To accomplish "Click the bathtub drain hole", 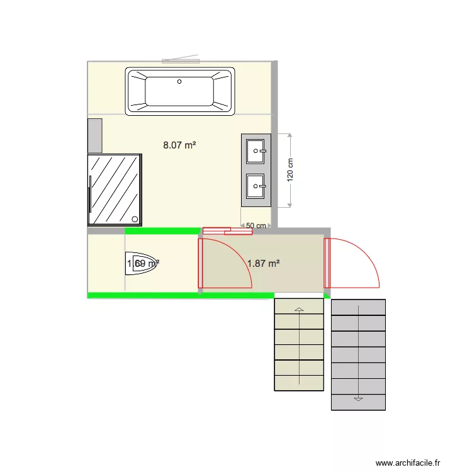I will [179, 81].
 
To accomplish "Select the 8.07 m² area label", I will [179, 145].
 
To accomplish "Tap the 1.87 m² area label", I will [263, 264].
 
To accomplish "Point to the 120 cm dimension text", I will [291, 169].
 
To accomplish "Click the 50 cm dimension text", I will [255, 225].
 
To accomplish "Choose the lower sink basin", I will [256, 185].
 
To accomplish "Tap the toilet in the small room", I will [144, 264].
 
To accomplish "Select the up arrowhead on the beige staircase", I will [299, 309].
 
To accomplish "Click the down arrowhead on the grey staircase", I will [358, 398].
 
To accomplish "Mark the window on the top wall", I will [181, 60].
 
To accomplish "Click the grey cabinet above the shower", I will [95, 135].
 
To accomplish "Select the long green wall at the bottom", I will [181, 295].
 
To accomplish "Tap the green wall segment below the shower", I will [162, 231].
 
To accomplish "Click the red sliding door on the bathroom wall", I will [227, 231].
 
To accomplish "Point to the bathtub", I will [181, 92].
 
